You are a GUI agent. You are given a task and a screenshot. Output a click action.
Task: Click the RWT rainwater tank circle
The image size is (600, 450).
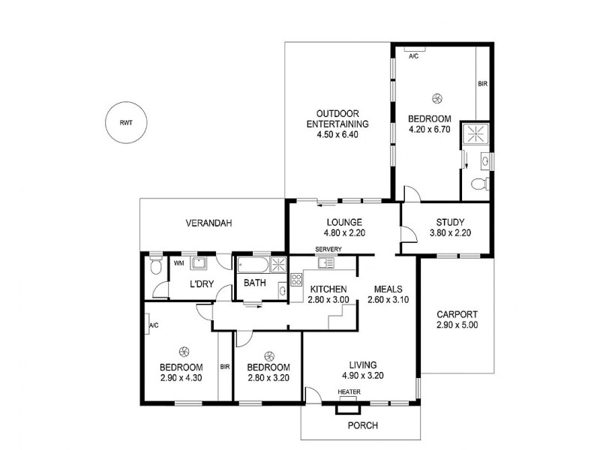[125, 121]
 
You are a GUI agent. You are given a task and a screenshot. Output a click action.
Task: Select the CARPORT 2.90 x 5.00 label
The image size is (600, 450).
[456, 320]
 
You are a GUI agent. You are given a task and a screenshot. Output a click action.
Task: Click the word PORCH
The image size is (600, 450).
[362, 425]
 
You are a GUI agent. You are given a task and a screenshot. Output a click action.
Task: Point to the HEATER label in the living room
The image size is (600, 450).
[349, 393]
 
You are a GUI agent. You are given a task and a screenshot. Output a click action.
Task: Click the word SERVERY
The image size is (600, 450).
[328, 249]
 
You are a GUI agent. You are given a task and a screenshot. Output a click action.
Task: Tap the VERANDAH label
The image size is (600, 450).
[209, 223]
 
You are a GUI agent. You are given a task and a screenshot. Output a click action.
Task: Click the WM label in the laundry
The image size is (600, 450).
[178, 263]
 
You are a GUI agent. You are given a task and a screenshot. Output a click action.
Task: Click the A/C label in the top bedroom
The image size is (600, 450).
[413, 56]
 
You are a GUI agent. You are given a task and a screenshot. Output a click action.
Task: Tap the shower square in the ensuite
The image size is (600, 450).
[475, 134]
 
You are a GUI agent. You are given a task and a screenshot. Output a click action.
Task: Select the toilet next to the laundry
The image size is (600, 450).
[155, 266]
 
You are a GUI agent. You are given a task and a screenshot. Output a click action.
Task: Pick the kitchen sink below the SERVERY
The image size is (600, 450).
[325, 262]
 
